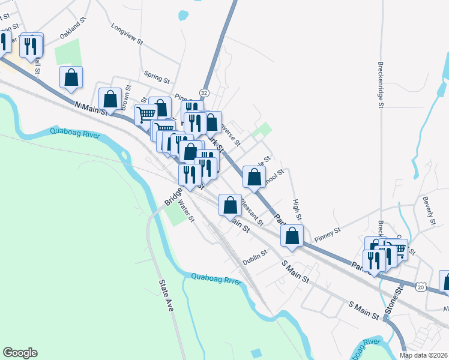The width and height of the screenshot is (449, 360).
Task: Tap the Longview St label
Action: (127, 34)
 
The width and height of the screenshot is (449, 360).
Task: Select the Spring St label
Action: (157, 77)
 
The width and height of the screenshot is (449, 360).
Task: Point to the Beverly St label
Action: (429, 211)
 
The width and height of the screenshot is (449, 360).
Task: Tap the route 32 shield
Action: (205, 93)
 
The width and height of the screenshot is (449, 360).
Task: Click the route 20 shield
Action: (420, 287)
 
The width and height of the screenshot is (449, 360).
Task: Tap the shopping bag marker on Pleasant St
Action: (230, 205)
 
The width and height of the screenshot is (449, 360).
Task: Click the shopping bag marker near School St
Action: (254, 177)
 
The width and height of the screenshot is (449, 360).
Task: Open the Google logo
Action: (20, 353)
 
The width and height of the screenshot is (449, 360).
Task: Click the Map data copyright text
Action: (423, 355)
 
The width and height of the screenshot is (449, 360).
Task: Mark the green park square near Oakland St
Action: (67, 53)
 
